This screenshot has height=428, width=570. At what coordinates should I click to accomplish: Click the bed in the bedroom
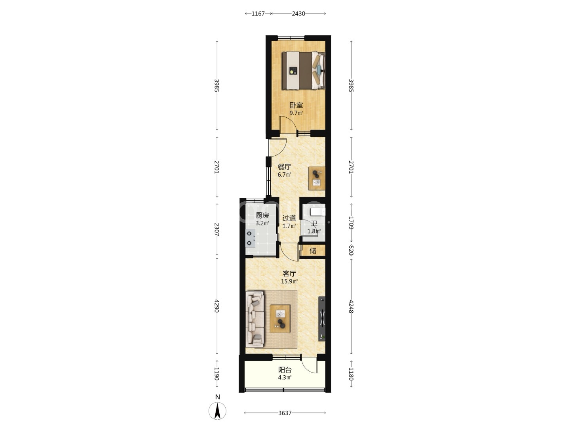point(304,71)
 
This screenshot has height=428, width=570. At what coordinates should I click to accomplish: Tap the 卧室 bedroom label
point(296,105)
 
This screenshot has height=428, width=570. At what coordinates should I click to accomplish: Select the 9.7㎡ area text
point(296,113)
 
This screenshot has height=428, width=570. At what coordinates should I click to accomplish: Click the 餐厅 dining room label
point(284,166)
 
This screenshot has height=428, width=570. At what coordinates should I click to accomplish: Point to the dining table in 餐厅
point(317,178)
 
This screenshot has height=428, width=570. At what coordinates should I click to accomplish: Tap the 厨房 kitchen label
point(262,216)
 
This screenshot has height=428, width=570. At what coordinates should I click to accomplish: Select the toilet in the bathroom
point(318,212)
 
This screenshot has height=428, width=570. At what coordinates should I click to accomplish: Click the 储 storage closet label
point(313,251)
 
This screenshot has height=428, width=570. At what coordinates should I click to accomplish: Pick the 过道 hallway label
point(289,218)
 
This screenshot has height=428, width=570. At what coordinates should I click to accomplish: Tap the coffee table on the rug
point(280,319)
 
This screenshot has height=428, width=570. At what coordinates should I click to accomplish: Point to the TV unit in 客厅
point(322,318)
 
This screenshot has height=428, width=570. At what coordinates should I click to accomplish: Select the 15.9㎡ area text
point(289,281)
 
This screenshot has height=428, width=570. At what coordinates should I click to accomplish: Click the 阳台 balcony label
point(285,369)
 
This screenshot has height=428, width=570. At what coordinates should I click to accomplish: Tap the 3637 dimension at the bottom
point(285,413)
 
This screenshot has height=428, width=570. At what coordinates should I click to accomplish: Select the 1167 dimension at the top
point(258,13)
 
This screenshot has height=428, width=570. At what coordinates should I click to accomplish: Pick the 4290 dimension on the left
point(217,306)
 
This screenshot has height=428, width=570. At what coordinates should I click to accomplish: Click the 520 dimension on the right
point(351,250)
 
